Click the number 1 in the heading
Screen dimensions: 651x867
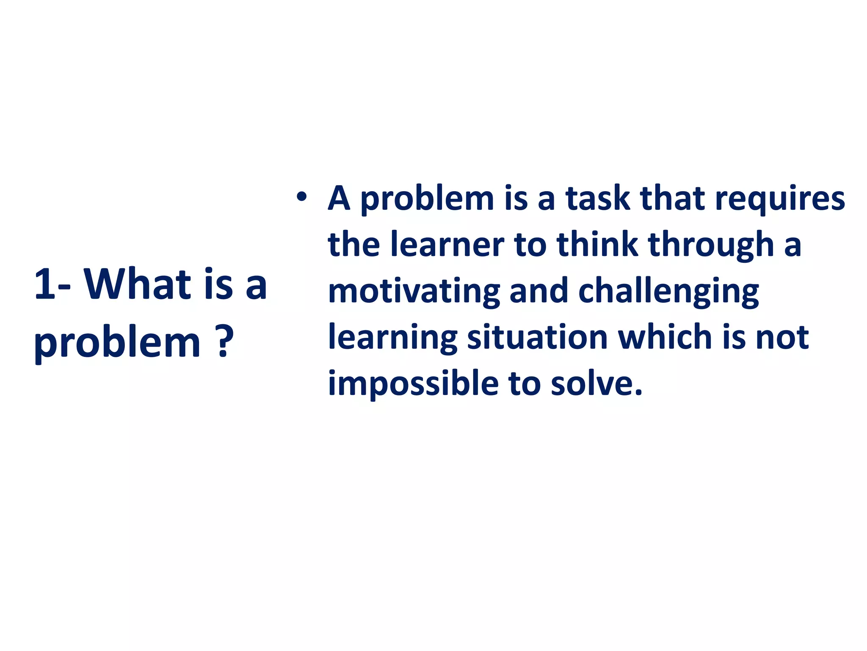point(45,284)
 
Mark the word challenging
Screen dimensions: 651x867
point(668,292)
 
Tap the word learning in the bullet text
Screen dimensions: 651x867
point(392,338)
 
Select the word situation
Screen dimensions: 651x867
point(537,337)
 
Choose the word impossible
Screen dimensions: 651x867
point(413,384)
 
